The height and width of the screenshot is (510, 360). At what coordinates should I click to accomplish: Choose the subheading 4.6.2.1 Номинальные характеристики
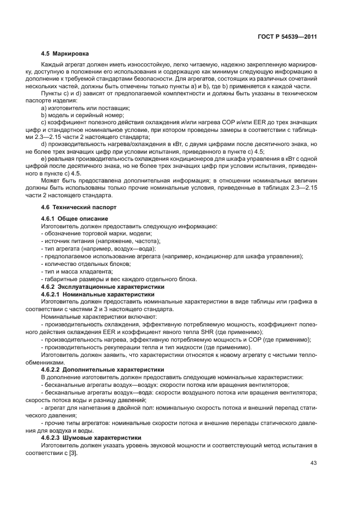click(97, 294)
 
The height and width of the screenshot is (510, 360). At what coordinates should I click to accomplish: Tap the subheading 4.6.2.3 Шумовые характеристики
click(91, 438)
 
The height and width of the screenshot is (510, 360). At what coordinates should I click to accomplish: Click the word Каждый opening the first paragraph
click(52, 65)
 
